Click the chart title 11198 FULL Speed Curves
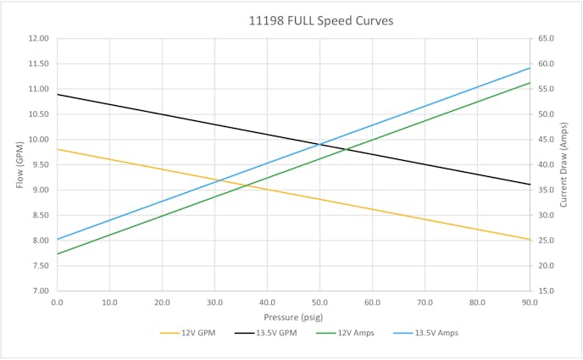coord(292,20)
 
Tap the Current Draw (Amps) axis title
coord(564,164)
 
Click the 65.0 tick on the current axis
coord(546,38)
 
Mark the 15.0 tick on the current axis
coord(546,291)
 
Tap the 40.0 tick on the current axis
coord(546,164)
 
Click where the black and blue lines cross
coord(319,144)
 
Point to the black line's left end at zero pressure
coord(58,94)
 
